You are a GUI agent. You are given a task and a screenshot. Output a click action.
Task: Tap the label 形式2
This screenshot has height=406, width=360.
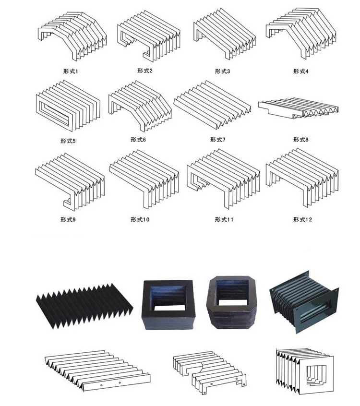pyautogui.click(x=144, y=71)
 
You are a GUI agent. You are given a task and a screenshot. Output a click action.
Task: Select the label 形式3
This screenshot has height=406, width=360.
pyautogui.click(x=222, y=71)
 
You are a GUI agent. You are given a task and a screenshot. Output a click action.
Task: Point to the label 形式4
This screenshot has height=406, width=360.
pyautogui.click(x=301, y=71)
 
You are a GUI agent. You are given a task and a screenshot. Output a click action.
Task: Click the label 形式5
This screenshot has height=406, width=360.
pyautogui.click(x=69, y=141)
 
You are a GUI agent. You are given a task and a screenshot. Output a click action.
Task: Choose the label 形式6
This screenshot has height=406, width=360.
pyautogui.click(x=138, y=140)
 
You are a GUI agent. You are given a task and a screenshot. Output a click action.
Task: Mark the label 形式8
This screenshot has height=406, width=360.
pyautogui.click(x=301, y=140)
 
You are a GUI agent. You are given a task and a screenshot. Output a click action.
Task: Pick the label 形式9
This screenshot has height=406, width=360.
pyautogui.click(x=69, y=219)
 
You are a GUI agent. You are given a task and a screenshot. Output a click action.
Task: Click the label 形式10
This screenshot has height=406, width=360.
pyautogui.click(x=140, y=219)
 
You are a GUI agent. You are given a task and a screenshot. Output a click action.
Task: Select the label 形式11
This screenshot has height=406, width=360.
pyautogui.click(x=224, y=219)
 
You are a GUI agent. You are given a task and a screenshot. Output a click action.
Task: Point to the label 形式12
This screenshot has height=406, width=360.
pyautogui.click(x=302, y=219)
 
